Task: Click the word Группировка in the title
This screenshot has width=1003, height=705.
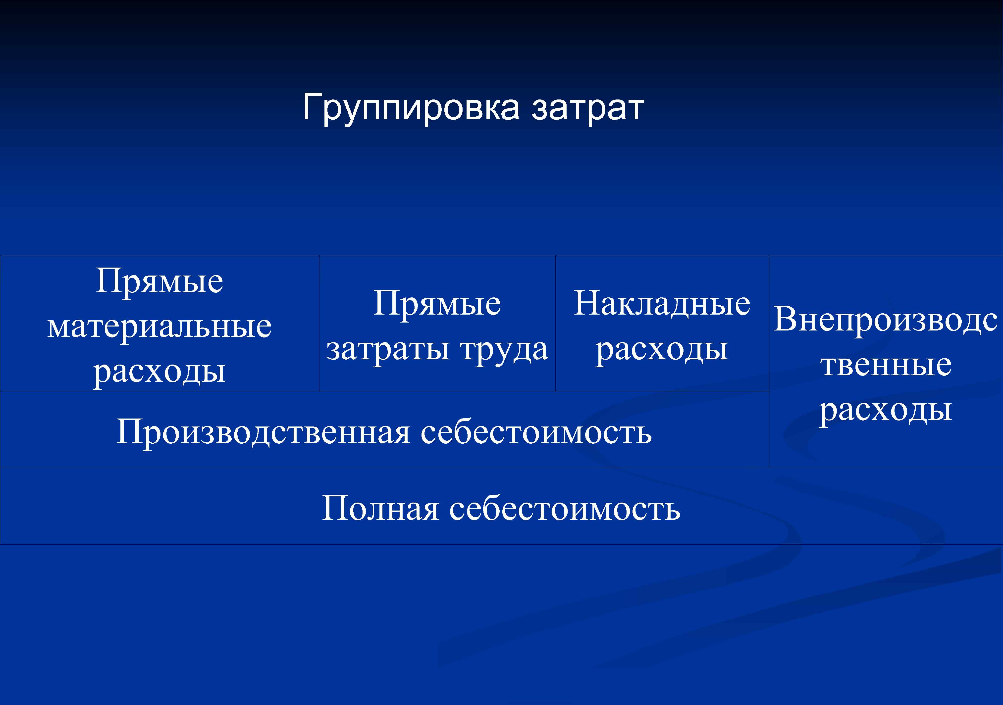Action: click(x=411, y=108)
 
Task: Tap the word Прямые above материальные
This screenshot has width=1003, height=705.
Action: click(x=159, y=281)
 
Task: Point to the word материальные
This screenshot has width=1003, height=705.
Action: click(x=159, y=327)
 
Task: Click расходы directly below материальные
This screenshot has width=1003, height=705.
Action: click(x=159, y=372)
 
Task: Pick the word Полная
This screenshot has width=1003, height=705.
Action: click(x=380, y=509)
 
